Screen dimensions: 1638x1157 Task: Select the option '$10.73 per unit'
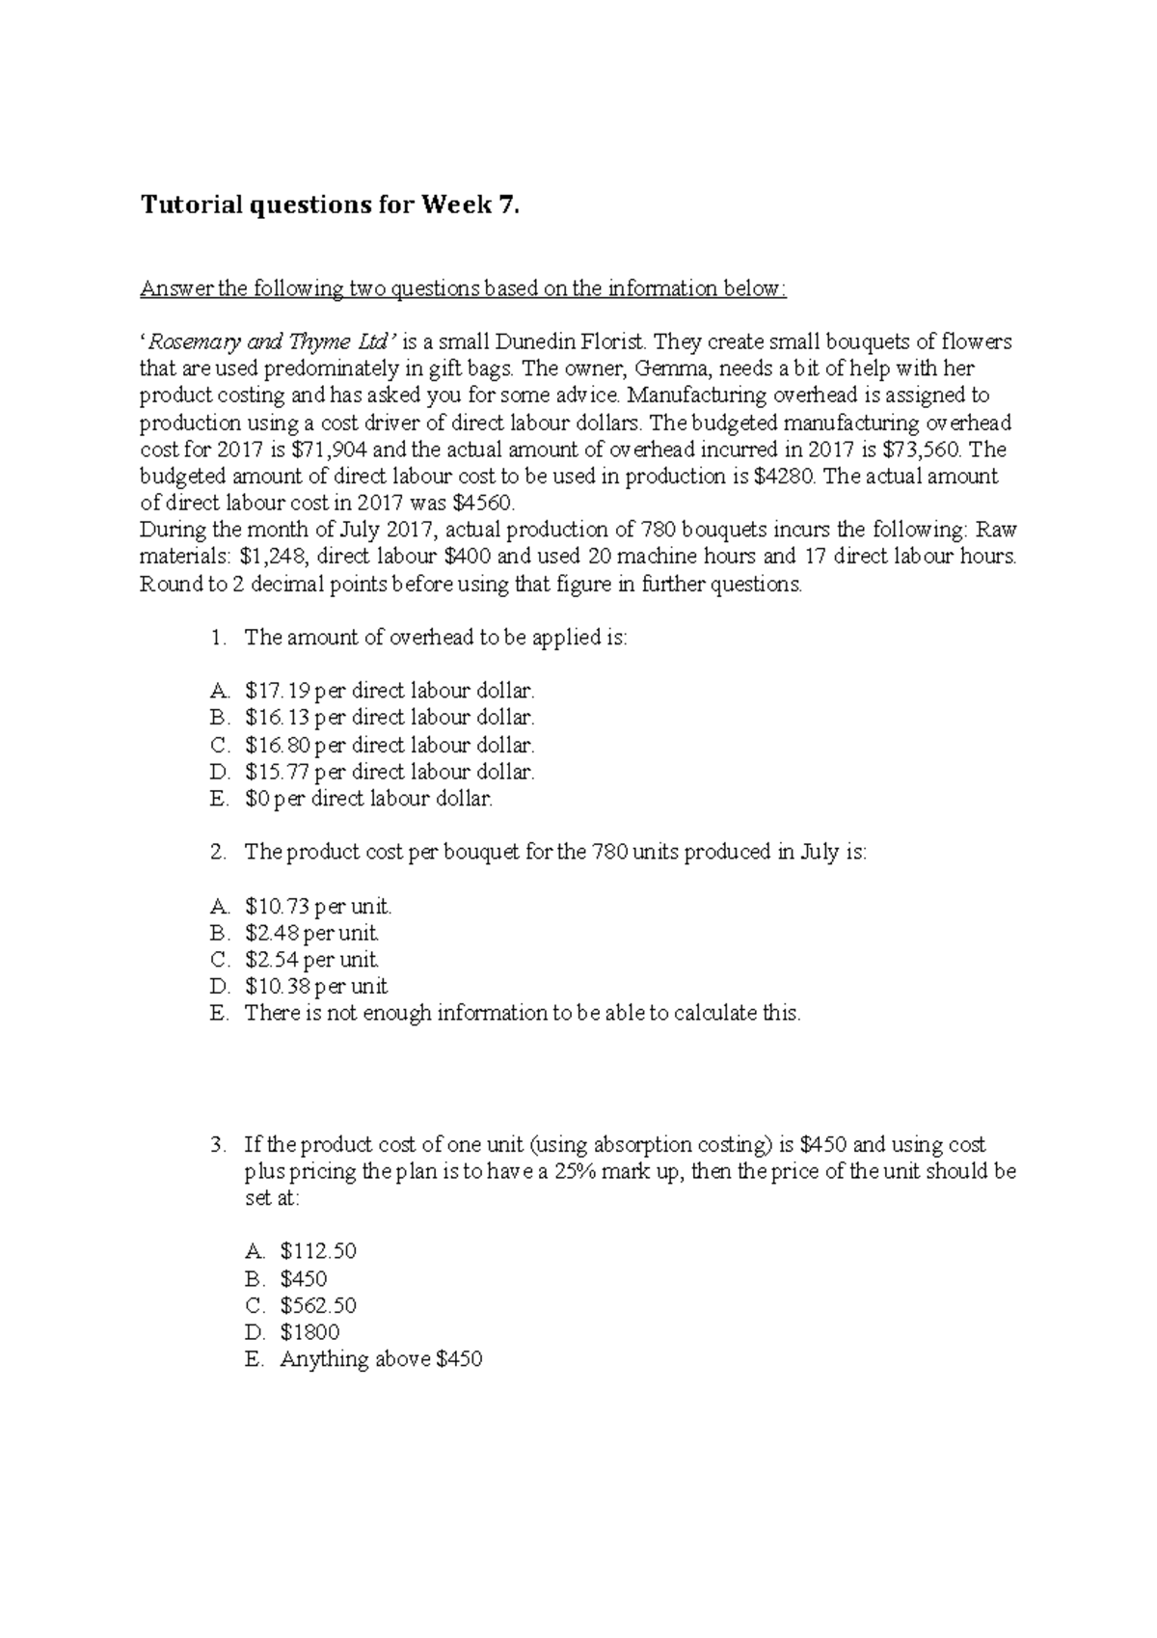(318, 907)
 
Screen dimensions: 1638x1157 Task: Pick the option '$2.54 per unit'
(311, 961)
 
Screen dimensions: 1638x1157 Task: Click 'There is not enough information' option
(522, 1014)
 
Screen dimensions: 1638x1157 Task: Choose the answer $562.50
(318, 1306)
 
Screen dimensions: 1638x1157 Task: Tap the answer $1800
(309, 1333)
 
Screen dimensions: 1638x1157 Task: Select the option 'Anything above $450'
(381, 1360)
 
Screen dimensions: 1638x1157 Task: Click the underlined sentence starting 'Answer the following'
(463, 288)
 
